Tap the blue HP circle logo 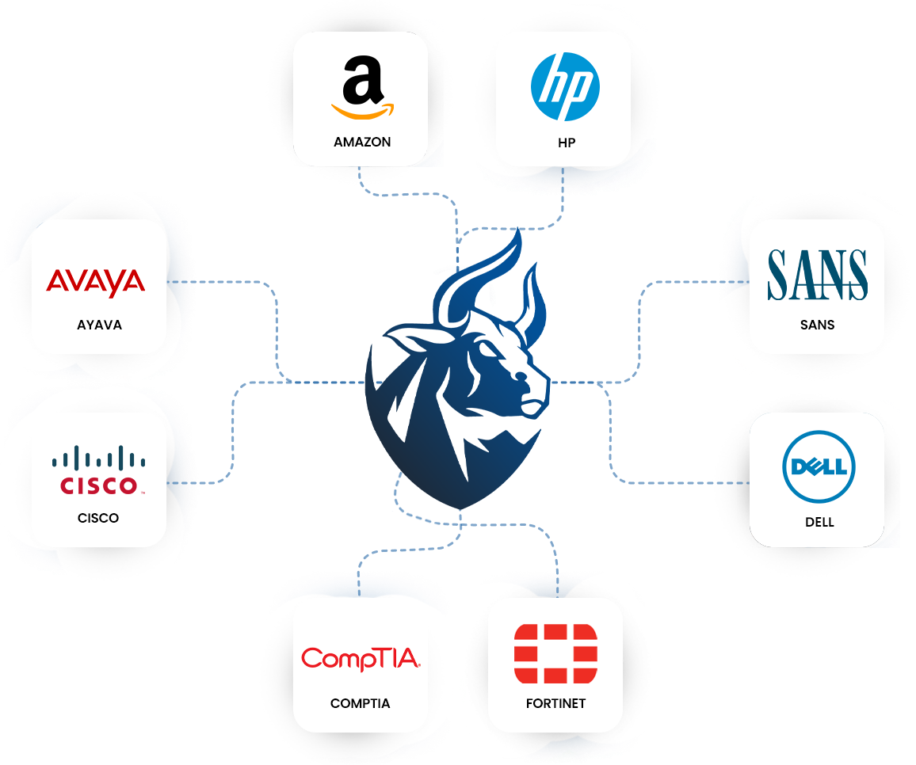[565, 87]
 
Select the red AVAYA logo [96, 283]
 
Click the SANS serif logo [817, 275]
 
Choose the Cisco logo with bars [99, 470]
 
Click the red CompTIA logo [361, 659]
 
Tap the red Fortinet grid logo [555, 653]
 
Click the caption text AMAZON [362, 143]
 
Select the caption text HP [566, 143]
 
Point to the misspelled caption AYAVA [99, 325]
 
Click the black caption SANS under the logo [817, 325]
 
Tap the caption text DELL [819, 522]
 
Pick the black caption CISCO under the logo [98, 518]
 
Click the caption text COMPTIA [361, 703]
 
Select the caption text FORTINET [555, 703]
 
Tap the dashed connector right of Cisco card [181, 481]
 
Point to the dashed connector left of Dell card [733, 481]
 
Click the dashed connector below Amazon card [361, 173]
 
